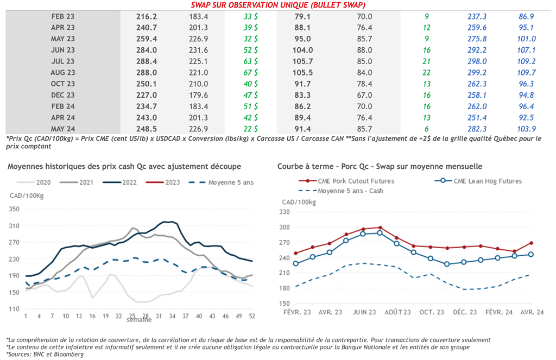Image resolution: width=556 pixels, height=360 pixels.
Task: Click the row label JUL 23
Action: pyautogui.click(x=63, y=61)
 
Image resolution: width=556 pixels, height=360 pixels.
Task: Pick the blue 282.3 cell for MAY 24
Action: pyautogui.click(x=478, y=129)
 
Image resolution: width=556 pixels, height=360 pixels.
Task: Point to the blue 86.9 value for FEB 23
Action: pyautogui.click(x=526, y=16)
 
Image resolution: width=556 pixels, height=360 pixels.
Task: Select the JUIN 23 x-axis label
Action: pyautogui.click(x=363, y=312)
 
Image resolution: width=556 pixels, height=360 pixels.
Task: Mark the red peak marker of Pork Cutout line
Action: pyautogui.click(x=380, y=228)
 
